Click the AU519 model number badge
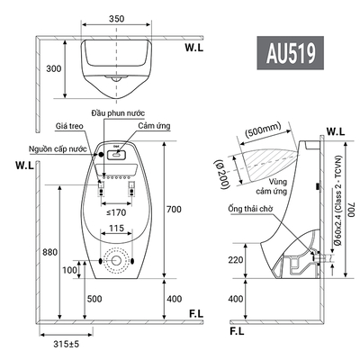(x=290, y=53)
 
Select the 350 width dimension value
(x=116, y=19)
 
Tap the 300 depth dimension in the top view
(x=54, y=68)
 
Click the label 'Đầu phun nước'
(x=118, y=113)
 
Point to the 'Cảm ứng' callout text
(x=154, y=125)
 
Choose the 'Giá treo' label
(x=69, y=126)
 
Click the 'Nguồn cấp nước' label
(x=58, y=148)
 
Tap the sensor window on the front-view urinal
(x=116, y=155)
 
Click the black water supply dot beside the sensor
(x=100, y=154)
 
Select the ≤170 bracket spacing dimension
(x=116, y=212)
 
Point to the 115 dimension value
(x=116, y=229)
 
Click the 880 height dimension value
(x=49, y=252)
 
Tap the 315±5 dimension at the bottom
(x=67, y=344)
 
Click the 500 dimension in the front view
(x=94, y=299)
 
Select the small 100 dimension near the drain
(x=69, y=270)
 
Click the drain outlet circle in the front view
(x=116, y=261)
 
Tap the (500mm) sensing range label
(x=263, y=130)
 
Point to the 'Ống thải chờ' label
(x=250, y=209)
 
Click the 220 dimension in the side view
(x=236, y=260)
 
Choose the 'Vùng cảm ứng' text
(x=272, y=186)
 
